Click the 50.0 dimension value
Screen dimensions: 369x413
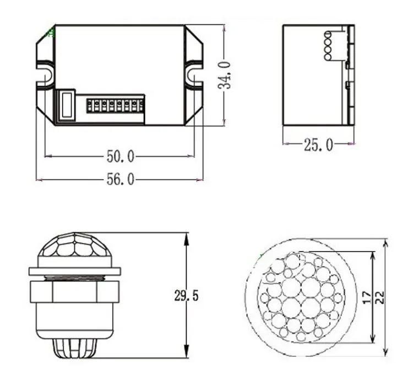pyautogui.click(x=120, y=157)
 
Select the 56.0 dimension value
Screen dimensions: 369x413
pyautogui.click(x=120, y=180)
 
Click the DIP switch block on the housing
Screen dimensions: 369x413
pyautogui.click(x=115, y=104)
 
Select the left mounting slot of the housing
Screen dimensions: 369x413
pyautogui.click(x=46, y=74)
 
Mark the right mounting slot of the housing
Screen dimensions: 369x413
pyautogui.click(x=193, y=74)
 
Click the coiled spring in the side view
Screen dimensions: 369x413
pyautogui.click(x=328, y=45)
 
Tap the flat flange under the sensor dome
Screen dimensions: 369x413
pyautogui.click(x=74, y=271)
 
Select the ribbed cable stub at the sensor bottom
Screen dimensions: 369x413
pyautogui.click(x=74, y=347)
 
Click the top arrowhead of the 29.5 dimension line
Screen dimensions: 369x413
pyautogui.click(x=186, y=237)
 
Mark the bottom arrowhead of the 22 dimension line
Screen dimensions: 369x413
pyautogui.click(x=386, y=351)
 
